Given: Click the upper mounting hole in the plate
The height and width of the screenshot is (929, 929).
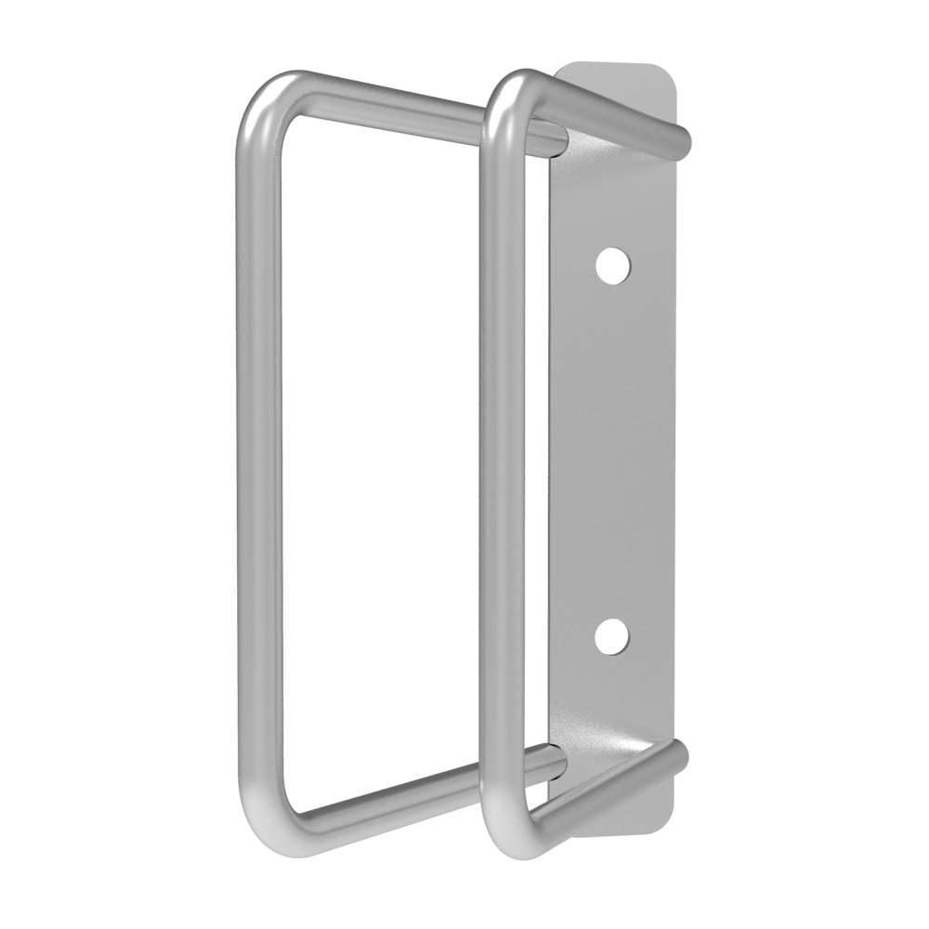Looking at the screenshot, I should pyautogui.click(x=613, y=266).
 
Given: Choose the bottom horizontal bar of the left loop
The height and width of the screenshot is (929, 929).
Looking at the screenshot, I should pyautogui.click(x=418, y=794).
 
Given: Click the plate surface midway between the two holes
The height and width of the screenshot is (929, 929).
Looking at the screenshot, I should pyautogui.click(x=613, y=451).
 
